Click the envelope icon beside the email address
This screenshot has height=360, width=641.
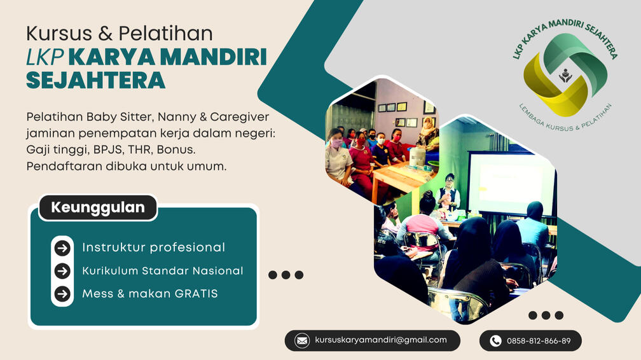click(x=303, y=340)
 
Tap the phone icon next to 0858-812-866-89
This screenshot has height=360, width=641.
click(x=495, y=341)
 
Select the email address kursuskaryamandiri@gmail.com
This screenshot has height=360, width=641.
click(x=381, y=340)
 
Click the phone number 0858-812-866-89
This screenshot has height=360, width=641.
click(x=539, y=341)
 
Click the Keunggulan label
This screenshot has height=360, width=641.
click(x=97, y=207)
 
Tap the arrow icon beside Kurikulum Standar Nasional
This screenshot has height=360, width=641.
click(x=62, y=271)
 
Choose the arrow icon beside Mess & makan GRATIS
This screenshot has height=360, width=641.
click(x=62, y=294)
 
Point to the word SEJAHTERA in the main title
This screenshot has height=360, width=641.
click(x=96, y=81)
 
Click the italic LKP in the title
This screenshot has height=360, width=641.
click(x=44, y=57)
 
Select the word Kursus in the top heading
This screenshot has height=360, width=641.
click(x=53, y=32)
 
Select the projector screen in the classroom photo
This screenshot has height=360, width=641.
click(x=509, y=181)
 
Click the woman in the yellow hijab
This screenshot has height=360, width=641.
click(x=428, y=134)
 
